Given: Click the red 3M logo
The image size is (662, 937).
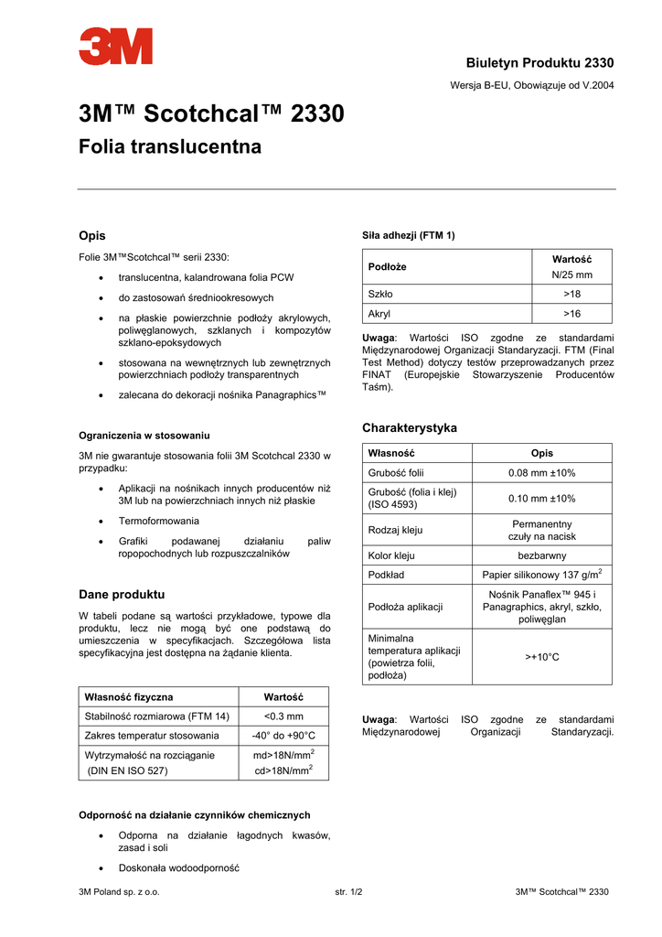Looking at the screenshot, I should click(x=115, y=47).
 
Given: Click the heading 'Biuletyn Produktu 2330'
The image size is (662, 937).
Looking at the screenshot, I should click(x=539, y=62).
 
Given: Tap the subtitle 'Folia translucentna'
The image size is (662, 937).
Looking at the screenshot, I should click(x=170, y=146).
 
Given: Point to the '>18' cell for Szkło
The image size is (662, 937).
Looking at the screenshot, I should click(x=572, y=294).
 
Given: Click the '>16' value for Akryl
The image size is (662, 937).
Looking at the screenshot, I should click(x=572, y=314).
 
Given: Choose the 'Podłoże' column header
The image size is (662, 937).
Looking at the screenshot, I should click(x=387, y=266).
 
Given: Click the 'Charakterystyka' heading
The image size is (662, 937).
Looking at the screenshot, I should click(x=410, y=427).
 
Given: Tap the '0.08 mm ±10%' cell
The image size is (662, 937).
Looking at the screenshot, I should click(x=542, y=473).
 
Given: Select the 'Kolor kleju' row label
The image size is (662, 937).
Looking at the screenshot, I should click(x=391, y=555).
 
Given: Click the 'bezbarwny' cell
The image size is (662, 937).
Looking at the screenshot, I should click(x=542, y=555).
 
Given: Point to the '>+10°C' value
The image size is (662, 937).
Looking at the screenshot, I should click(x=542, y=656).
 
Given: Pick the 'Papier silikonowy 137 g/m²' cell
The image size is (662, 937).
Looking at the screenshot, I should click(x=542, y=575).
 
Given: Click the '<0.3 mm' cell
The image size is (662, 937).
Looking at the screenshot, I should click(x=283, y=716).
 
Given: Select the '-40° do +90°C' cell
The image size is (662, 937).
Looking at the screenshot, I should click(x=283, y=736).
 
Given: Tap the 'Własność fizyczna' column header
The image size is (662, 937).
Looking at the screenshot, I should click(x=128, y=697).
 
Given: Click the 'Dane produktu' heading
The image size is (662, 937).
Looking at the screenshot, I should click(x=122, y=594).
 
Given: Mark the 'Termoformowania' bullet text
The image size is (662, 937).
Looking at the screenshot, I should click(x=158, y=521).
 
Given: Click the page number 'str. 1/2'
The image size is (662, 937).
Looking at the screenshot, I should click(x=349, y=892).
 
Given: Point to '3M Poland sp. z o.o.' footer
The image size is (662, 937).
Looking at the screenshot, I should click(x=119, y=892).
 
